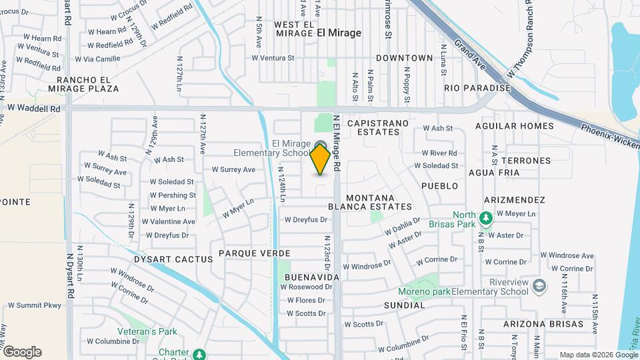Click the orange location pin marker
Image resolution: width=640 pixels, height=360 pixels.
pos(320,159)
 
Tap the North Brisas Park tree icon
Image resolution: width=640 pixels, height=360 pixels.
pos(486,218)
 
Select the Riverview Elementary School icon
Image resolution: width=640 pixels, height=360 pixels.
pos(539,286)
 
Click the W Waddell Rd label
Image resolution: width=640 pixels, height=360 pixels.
pos(34,108)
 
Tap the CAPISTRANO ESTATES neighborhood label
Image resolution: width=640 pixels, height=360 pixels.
pos(373,128)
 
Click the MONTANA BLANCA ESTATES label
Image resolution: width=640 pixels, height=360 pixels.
pos(378,202)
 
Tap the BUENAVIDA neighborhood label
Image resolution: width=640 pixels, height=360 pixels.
pos(312,277)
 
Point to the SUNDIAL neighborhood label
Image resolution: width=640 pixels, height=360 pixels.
pos(404,305)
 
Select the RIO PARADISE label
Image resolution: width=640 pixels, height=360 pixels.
pos(477,88)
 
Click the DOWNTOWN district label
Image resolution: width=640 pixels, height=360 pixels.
pos(404,58)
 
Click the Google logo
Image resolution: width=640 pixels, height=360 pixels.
pos(22,352)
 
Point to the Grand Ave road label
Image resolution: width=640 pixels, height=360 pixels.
pos(469,53)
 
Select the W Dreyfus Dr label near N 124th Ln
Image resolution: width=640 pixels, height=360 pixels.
pos(307,219)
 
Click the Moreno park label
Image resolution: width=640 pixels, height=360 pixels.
pos(423,291)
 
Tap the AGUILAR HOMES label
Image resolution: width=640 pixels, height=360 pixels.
pos(514,125)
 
